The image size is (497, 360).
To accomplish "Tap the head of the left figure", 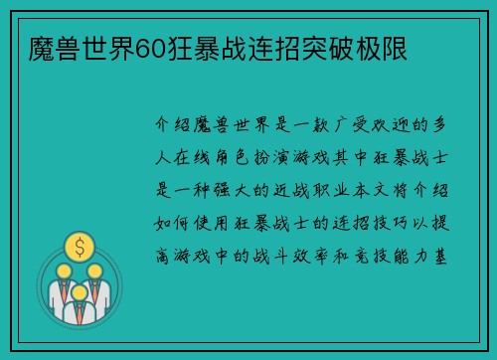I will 63,271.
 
